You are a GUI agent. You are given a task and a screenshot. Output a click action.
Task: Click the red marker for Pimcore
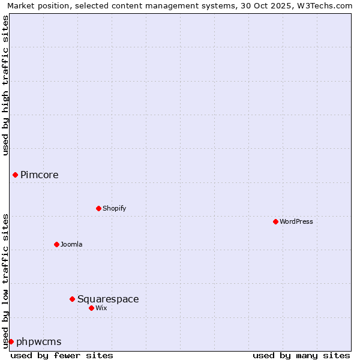tap(15, 175)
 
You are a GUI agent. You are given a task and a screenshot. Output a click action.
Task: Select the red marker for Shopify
tap(98, 208)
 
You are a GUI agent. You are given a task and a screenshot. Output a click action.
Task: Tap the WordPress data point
tap(275, 221)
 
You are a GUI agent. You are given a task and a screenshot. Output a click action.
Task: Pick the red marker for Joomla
tap(56, 244)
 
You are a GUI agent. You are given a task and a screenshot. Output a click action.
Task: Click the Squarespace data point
tap(72, 299)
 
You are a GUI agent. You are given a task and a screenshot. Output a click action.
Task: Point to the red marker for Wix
tap(91, 308)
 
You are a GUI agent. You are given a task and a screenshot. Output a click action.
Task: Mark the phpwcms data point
tap(11, 341)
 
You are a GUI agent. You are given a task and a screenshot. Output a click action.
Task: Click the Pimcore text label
tap(40, 175)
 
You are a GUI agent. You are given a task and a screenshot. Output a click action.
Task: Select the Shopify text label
tap(114, 209)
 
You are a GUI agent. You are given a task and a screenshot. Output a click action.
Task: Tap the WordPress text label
tap(296, 222)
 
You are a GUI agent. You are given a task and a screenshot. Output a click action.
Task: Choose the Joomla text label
tap(71, 245)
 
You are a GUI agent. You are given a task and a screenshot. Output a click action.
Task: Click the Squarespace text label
tap(108, 299)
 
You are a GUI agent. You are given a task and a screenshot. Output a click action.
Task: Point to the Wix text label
tap(101, 308)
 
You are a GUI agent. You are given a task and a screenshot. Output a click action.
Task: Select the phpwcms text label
tap(38, 342)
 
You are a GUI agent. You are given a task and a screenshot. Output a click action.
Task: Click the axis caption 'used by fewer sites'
tap(62, 355)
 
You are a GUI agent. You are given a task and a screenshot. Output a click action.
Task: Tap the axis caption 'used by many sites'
tap(301, 355)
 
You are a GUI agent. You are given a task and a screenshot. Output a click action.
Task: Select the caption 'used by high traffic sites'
tap(6, 85)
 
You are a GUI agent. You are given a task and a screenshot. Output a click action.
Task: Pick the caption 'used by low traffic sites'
tap(6, 281)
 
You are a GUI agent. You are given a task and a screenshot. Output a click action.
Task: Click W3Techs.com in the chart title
tap(327, 5)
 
